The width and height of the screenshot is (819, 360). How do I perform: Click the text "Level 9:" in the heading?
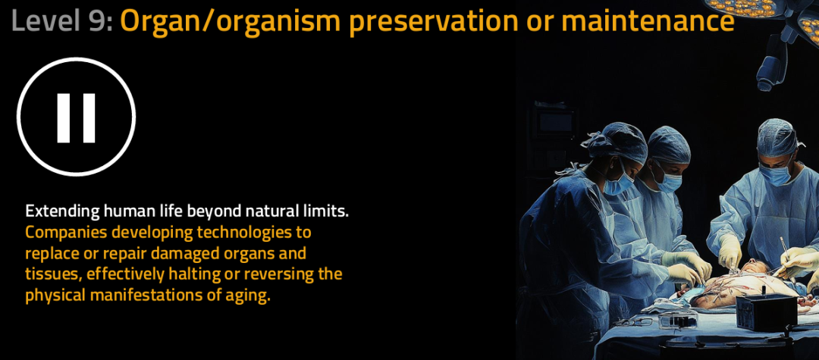click(x=61, y=21)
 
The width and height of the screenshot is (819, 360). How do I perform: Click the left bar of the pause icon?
click(x=64, y=118)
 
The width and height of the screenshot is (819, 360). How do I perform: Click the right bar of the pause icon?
click(x=89, y=118)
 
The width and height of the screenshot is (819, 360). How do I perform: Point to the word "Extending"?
click(x=63, y=212)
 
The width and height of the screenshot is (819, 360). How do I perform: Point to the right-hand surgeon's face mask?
click(x=775, y=174)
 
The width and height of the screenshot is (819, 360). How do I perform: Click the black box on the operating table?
click(x=766, y=311)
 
